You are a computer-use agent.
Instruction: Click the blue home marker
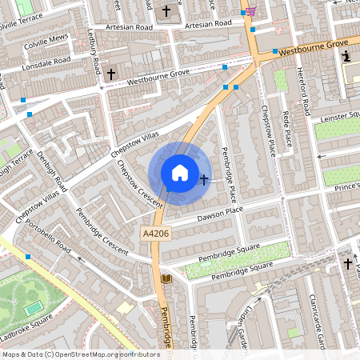[180, 173]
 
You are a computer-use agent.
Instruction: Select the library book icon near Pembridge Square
[166, 278]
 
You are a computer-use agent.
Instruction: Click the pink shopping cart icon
[251, 11]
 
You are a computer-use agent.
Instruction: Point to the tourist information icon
[346, 57]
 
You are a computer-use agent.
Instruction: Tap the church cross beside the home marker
[204, 180]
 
